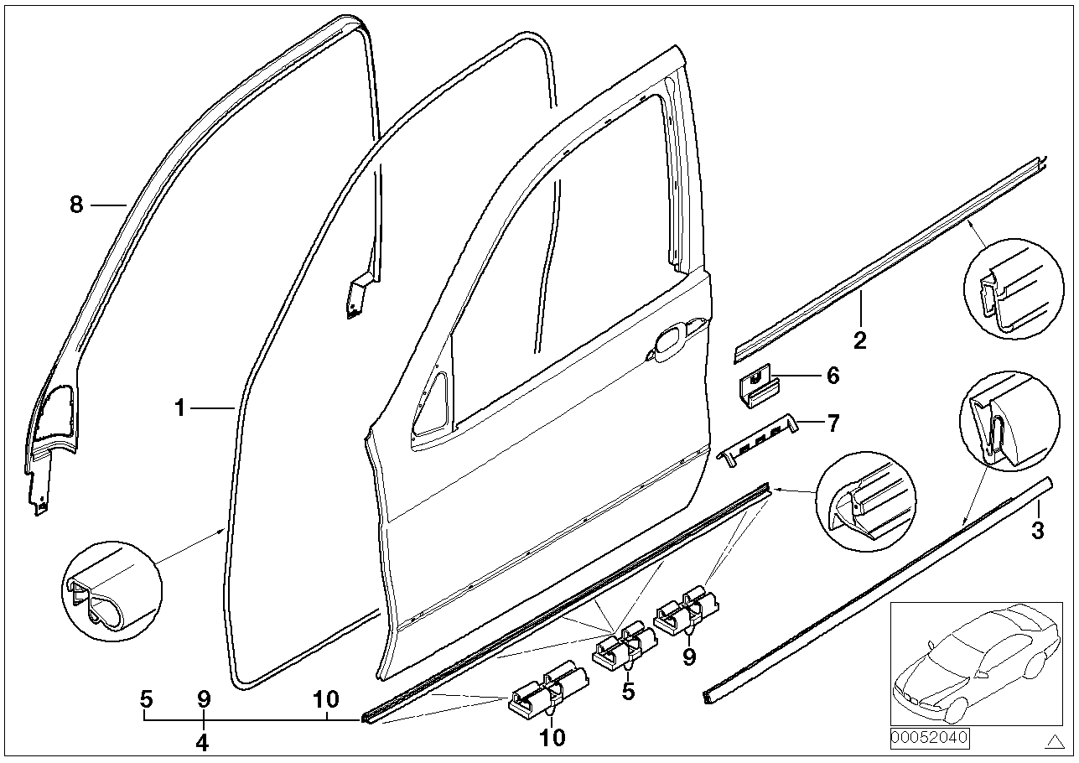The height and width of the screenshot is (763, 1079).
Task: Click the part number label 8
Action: (76, 205)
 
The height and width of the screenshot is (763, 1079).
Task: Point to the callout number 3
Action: (1038, 530)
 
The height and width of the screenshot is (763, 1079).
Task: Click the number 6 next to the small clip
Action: (833, 376)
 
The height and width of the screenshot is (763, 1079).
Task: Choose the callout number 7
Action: (833, 423)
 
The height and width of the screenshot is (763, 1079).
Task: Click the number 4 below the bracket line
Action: (203, 742)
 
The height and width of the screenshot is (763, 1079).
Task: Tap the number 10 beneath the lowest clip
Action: (552, 738)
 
